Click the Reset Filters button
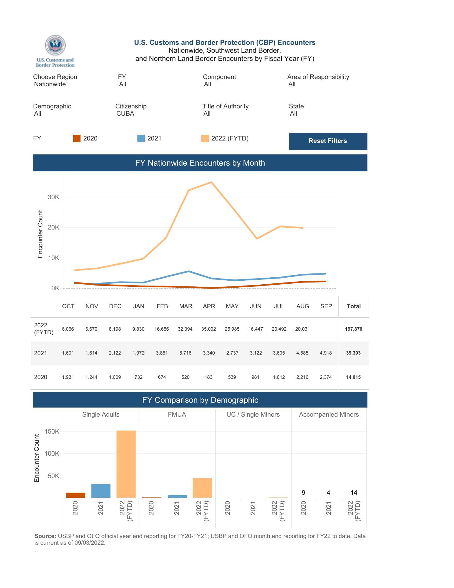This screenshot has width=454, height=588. tap(328, 141)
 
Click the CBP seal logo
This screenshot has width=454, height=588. tap(55, 45)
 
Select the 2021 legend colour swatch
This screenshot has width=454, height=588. tap(141, 138)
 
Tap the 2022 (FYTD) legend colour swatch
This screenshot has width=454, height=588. tap(205, 138)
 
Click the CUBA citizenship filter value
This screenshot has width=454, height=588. tap(125, 114)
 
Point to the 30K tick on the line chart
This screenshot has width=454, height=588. tap(53, 197)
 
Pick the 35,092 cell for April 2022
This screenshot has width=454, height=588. tap(209, 329)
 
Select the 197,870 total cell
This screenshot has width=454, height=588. tap(353, 329)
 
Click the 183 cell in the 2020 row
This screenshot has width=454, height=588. tap(209, 377)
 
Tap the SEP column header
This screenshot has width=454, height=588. tap(326, 306)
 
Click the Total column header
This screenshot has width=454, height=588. tap(354, 306)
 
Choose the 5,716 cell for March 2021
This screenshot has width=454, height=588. tap(185, 353)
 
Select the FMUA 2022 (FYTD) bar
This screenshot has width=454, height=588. tap(202, 487)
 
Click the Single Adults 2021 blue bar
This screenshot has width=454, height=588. tap(101, 491)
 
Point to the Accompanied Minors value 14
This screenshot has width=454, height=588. tap(354, 493)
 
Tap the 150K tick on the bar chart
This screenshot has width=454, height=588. tap(52, 431)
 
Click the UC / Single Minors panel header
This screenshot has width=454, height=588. tap(253, 415)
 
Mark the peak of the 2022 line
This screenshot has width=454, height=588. tap(211, 182)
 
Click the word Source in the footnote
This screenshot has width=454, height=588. tap(45, 536)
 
